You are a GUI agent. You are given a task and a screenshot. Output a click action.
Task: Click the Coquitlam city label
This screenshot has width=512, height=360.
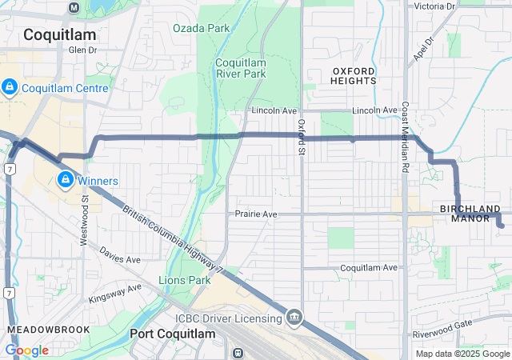[x=59, y=34]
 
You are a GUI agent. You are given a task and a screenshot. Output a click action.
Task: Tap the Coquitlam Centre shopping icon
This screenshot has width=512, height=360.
[x=10, y=87]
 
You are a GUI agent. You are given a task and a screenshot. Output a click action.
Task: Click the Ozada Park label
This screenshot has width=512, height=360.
[x=201, y=28]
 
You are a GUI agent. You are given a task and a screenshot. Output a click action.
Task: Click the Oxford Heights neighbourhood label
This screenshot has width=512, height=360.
[x=354, y=75]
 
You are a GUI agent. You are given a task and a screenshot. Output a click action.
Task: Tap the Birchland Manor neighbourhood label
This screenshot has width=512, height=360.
[x=470, y=213]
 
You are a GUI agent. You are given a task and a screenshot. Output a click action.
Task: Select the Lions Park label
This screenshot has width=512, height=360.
[x=185, y=280]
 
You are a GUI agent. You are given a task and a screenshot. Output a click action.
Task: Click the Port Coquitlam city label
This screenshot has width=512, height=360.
[x=172, y=334]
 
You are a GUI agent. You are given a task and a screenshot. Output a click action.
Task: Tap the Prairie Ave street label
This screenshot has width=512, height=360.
[x=256, y=214]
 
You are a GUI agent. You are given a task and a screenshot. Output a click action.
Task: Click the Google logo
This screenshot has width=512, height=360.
[x=26, y=350]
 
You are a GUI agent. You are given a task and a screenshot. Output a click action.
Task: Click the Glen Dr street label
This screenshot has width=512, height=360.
[x=82, y=50]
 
